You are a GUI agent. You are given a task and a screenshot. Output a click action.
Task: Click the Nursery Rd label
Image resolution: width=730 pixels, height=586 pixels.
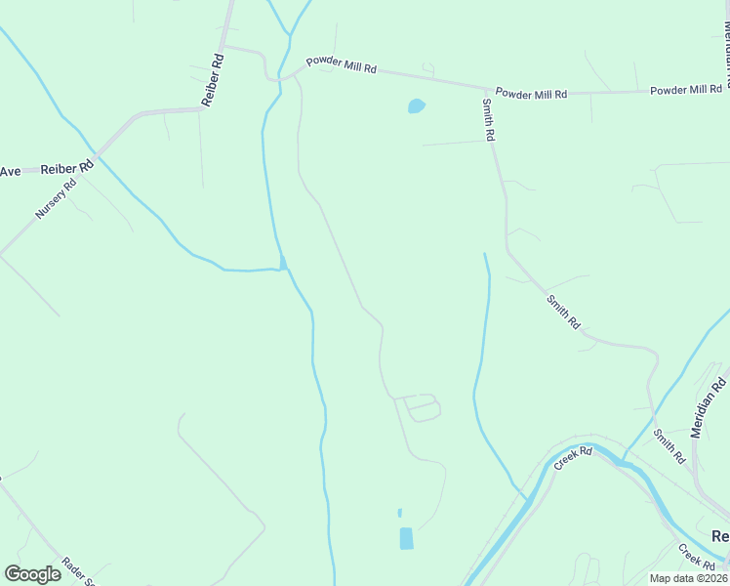tap(57, 199)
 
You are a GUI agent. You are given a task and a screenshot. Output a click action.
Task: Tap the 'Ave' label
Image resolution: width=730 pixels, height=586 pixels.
tap(10, 171)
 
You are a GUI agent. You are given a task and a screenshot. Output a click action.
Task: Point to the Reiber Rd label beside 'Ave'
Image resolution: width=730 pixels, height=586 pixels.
tap(61, 167)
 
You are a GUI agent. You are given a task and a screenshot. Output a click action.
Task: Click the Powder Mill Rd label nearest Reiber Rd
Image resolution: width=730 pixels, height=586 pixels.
tap(341, 65)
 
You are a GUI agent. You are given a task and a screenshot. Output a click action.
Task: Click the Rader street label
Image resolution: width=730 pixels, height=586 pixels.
tap(77, 570)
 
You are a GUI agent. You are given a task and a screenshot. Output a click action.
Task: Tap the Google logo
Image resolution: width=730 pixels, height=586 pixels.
tap(32, 574)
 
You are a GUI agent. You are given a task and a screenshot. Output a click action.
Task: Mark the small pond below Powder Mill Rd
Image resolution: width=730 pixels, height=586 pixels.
tap(416, 105)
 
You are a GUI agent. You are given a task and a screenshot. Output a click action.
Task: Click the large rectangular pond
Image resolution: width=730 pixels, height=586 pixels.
tap(406, 538)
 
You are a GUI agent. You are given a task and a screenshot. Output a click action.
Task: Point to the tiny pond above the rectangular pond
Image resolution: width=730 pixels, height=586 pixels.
tap(399, 512)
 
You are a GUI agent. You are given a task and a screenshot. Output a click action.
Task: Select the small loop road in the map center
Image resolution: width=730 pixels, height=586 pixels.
tap(422, 407)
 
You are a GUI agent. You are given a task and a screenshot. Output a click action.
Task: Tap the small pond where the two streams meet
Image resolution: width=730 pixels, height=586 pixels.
tap(283, 263)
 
